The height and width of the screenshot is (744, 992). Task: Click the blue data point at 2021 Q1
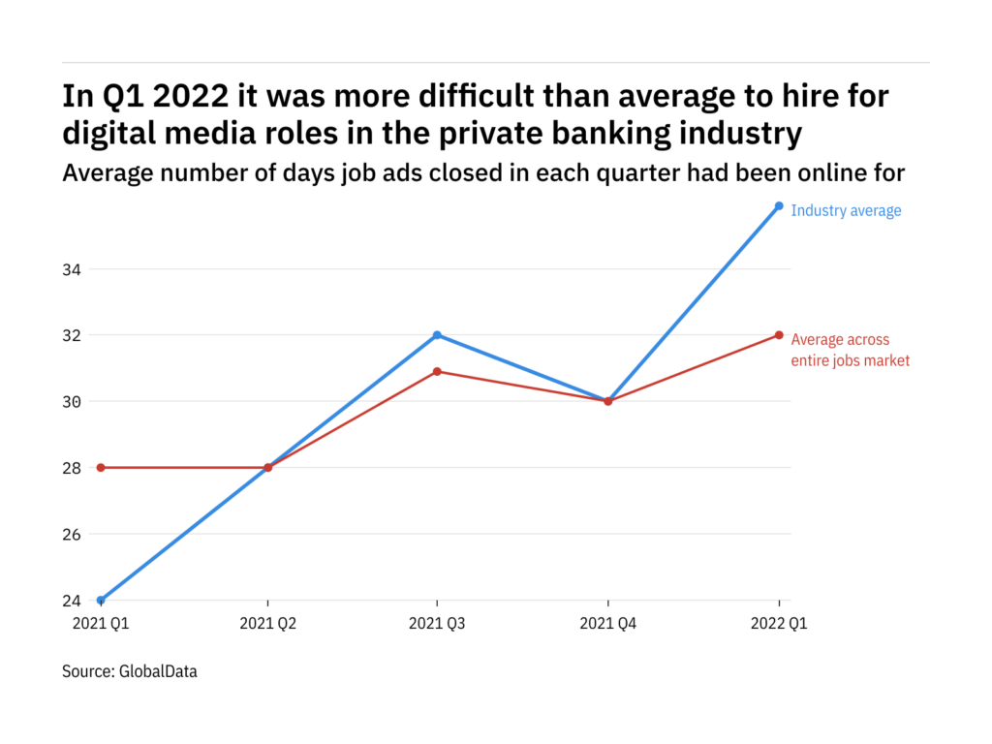pos(101,601)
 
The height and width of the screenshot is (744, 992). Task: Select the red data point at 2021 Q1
pos(101,468)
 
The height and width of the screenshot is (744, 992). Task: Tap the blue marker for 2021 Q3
pos(438,335)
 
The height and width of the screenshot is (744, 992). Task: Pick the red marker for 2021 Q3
pos(438,372)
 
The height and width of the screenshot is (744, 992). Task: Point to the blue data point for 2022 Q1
pos(779,205)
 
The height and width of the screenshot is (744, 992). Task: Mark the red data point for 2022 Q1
pos(779,335)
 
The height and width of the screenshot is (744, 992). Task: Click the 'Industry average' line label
pos(846,210)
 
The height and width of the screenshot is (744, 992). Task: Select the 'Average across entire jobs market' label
pos(850,350)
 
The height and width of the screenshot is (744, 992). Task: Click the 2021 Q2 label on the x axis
pos(268,624)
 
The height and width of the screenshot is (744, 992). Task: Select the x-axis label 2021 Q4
pos(608,624)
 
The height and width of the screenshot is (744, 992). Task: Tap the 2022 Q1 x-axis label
pos(779,624)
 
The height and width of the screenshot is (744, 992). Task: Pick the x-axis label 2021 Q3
pos(438,624)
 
